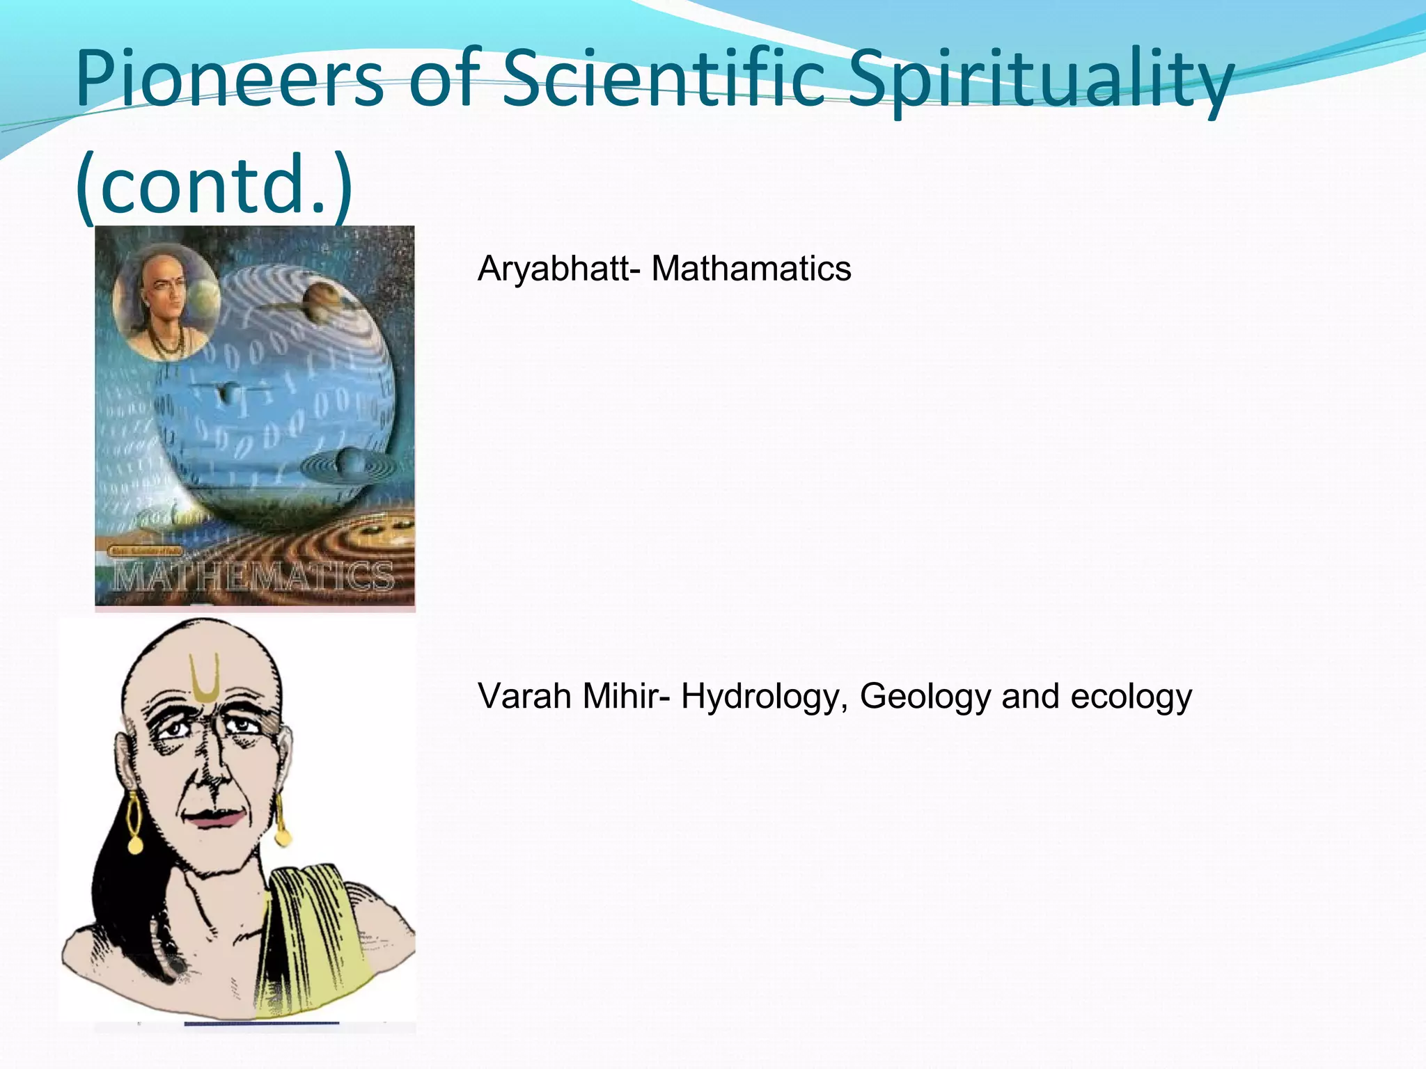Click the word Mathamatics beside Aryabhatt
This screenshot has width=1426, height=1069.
coord(751,269)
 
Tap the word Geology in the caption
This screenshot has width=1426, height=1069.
coord(925,696)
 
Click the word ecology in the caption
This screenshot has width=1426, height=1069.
coord(1131,697)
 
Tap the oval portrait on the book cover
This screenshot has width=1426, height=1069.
coord(166,301)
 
